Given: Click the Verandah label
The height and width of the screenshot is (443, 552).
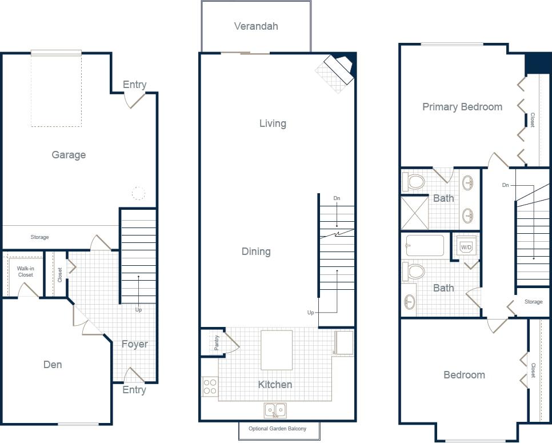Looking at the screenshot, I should click(256, 26).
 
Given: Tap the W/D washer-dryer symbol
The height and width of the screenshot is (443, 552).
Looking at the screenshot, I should click(466, 248).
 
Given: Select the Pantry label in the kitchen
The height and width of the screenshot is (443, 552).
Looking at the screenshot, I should click(217, 344).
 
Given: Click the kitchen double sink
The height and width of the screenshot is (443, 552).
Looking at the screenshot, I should click(275, 410).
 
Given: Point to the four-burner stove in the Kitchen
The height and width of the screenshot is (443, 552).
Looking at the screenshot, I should click(210, 387).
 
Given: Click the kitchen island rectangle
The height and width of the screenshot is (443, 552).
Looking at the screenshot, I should click(277, 350).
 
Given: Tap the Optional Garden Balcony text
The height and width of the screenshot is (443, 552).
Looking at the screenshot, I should click(277, 429).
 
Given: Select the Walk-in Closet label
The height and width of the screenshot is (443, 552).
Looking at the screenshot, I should click(25, 272).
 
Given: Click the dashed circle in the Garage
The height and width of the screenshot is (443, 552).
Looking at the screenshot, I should click(138, 193).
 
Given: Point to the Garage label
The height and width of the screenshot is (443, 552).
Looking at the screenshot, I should click(69, 155).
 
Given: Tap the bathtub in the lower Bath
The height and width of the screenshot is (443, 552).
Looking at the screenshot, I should click(425, 246).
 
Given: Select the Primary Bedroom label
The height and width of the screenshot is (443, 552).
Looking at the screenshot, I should click(462, 107).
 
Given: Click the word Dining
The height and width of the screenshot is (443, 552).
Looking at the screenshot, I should click(255, 252).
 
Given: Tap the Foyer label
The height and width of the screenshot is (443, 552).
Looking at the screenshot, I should click(134, 344).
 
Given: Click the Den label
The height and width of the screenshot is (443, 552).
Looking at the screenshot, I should click(53, 365).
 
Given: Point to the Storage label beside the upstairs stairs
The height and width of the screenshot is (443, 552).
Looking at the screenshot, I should click(533, 302).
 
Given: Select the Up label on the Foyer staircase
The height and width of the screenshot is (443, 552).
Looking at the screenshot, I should click(138, 310).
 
